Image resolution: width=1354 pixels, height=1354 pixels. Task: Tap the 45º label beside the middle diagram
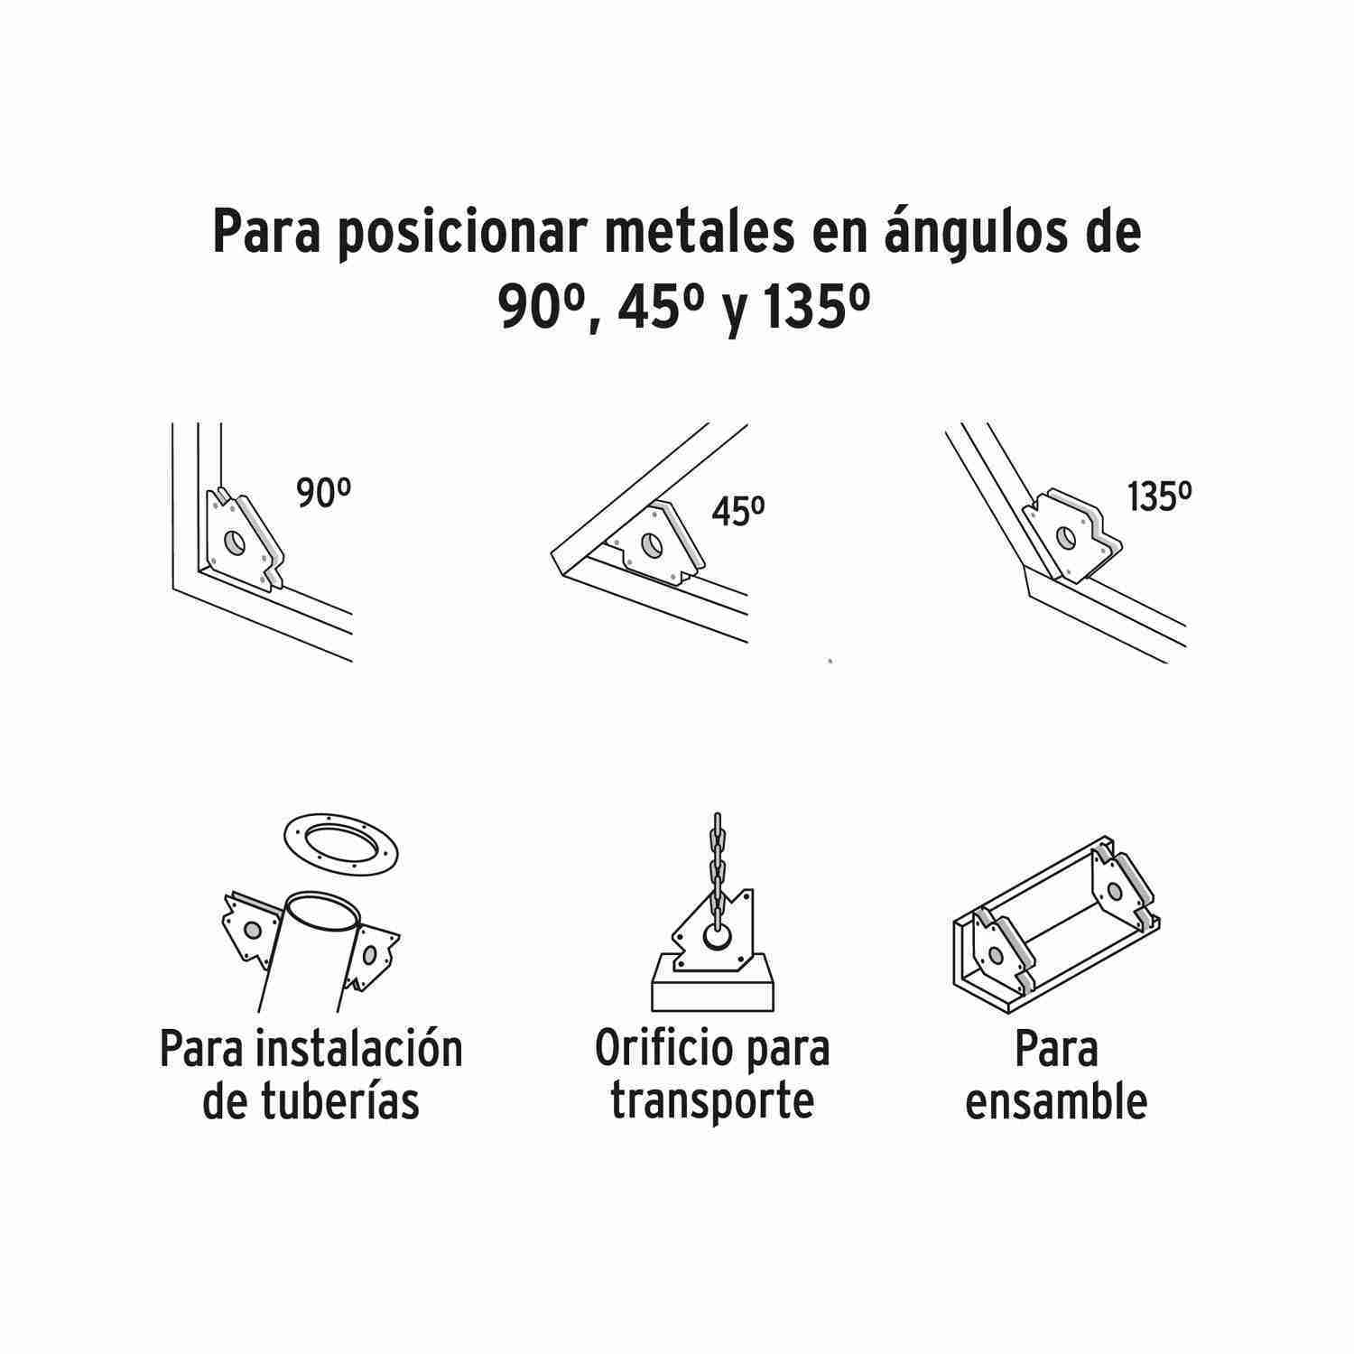click(738, 512)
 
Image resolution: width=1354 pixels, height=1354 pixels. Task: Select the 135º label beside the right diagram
click(1160, 496)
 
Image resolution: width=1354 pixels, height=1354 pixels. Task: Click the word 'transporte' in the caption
click(712, 1102)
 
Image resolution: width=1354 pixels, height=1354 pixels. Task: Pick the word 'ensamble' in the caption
click(1056, 1101)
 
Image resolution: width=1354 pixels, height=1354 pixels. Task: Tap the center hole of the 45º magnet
click(650, 545)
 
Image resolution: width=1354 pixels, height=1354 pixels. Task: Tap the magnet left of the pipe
click(248, 931)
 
